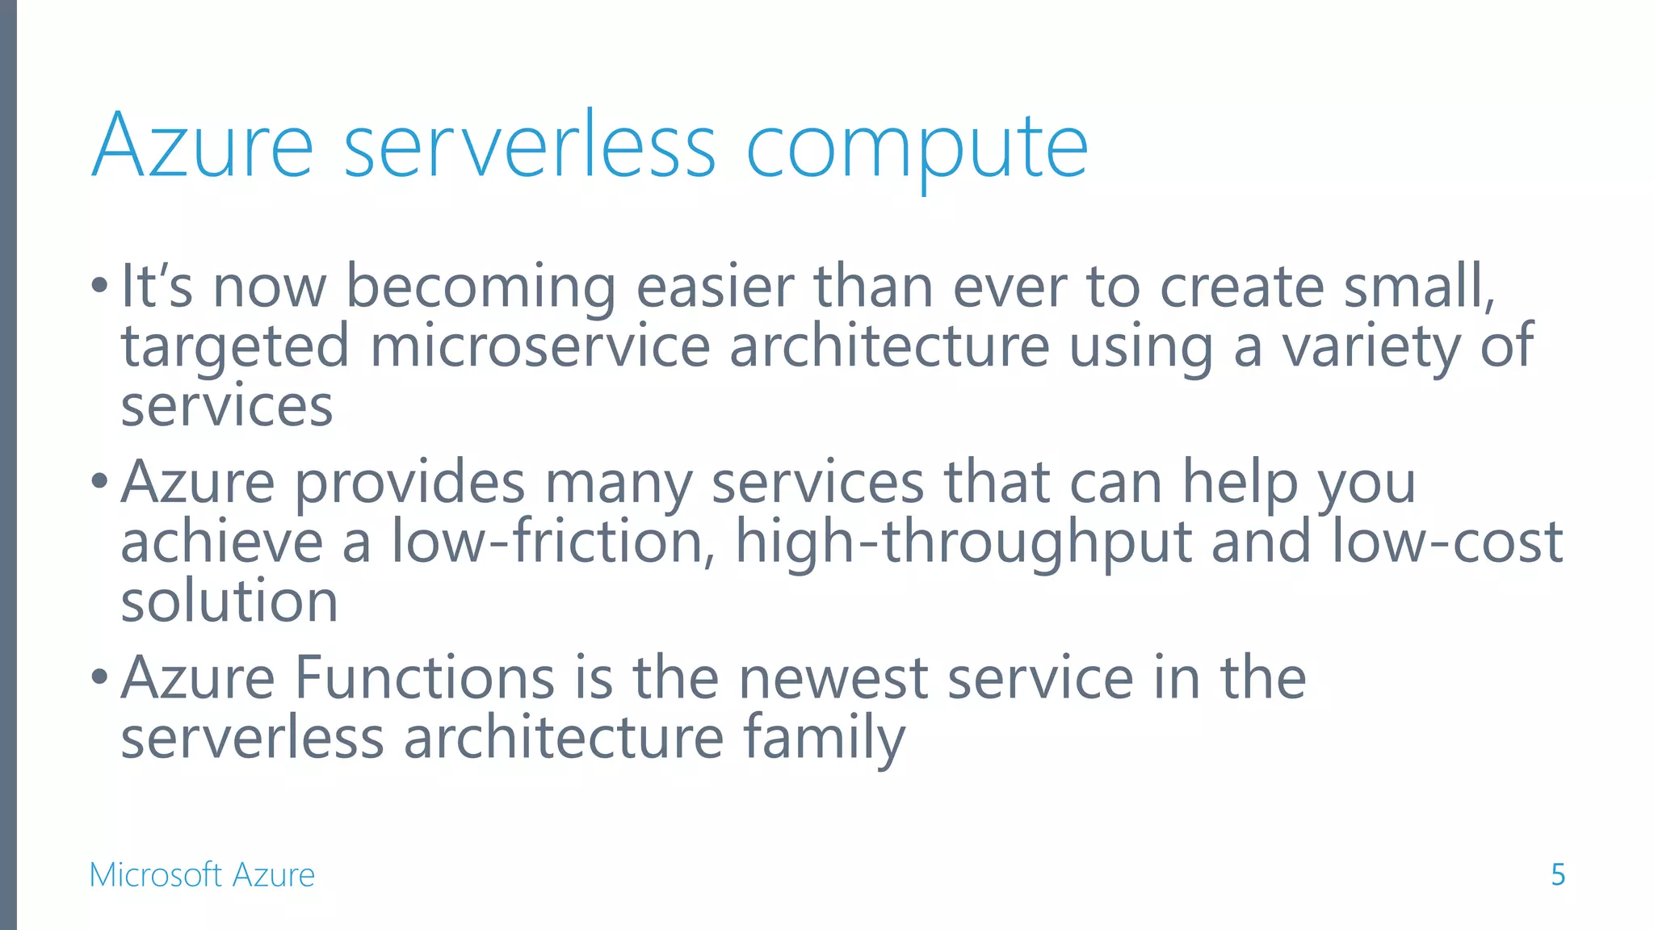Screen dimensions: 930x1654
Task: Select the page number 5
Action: point(1558,875)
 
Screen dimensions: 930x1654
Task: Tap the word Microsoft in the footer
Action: point(155,875)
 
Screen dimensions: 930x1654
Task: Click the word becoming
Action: point(481,288)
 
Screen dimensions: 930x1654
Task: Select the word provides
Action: point(409,484)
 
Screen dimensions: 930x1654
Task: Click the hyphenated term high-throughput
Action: point(963,542)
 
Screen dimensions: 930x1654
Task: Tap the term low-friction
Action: point(548,542)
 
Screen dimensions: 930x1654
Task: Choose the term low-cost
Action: point(1446,542)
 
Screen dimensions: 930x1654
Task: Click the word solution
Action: point(229,601)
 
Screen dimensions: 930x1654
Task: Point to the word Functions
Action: point(425,678)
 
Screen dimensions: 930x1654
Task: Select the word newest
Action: point(833,678)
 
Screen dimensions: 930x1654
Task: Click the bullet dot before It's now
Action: point(99,285)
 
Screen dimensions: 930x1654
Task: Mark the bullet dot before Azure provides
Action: point(99,481)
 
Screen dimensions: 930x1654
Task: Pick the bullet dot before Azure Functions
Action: point(99,677)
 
